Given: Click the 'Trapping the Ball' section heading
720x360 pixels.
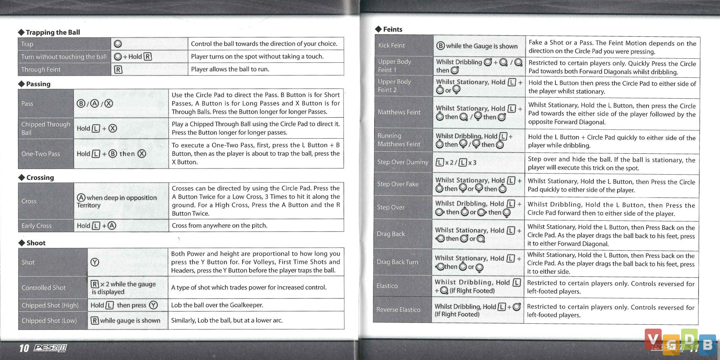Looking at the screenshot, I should point(53,32).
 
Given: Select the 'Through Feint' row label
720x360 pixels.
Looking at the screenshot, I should point(41,69).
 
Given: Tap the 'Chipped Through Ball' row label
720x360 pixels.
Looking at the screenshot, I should point(46,128).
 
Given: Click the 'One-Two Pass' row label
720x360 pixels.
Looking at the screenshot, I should point(41,154).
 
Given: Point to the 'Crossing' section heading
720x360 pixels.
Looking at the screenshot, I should point(40,177).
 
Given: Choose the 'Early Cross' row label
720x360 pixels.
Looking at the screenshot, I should point(36,226).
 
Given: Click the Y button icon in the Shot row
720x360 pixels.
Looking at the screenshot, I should point(95,262).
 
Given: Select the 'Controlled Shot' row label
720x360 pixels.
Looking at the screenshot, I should point(44,288).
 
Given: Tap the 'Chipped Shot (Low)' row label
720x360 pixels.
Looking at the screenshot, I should point(49,320).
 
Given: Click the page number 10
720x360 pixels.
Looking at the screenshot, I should point(24,348).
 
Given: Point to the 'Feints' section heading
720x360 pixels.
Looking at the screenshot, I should point(392,30).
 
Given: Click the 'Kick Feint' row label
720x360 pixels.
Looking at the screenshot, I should point(391,45).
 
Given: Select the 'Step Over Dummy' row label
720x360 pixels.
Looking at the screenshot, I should point(403,162).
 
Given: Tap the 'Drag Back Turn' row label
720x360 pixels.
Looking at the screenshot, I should point(397,262).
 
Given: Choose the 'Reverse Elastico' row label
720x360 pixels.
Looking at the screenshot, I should point(398,310).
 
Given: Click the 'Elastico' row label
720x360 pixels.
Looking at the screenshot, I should point(387,286).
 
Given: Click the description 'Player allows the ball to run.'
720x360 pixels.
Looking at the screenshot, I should point(230,69).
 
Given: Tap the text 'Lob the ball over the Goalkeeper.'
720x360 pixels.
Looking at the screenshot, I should point(217,305).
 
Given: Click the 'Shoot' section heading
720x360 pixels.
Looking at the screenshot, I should point(36,243).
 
